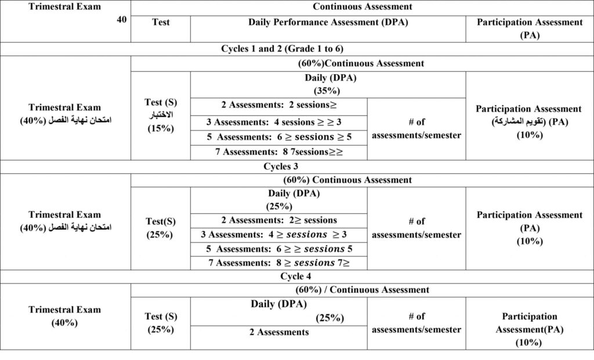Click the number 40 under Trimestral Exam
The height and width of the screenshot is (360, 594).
122,19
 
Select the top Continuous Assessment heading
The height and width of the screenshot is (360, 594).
362,7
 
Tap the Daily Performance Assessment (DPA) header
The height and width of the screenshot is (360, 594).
328,23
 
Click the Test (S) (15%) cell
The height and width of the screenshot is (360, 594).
161,115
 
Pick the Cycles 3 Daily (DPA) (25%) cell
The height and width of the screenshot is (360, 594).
279,199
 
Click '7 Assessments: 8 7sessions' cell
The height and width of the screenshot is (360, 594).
279,152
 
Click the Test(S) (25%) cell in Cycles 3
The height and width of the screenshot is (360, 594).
160,228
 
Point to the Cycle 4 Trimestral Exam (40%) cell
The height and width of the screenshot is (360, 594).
65,316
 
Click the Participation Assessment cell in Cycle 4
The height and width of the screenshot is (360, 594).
528,329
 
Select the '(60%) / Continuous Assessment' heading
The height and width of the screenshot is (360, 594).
363,289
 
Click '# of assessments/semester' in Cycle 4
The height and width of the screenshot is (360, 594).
416,323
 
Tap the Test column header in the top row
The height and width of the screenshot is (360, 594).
161,23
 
